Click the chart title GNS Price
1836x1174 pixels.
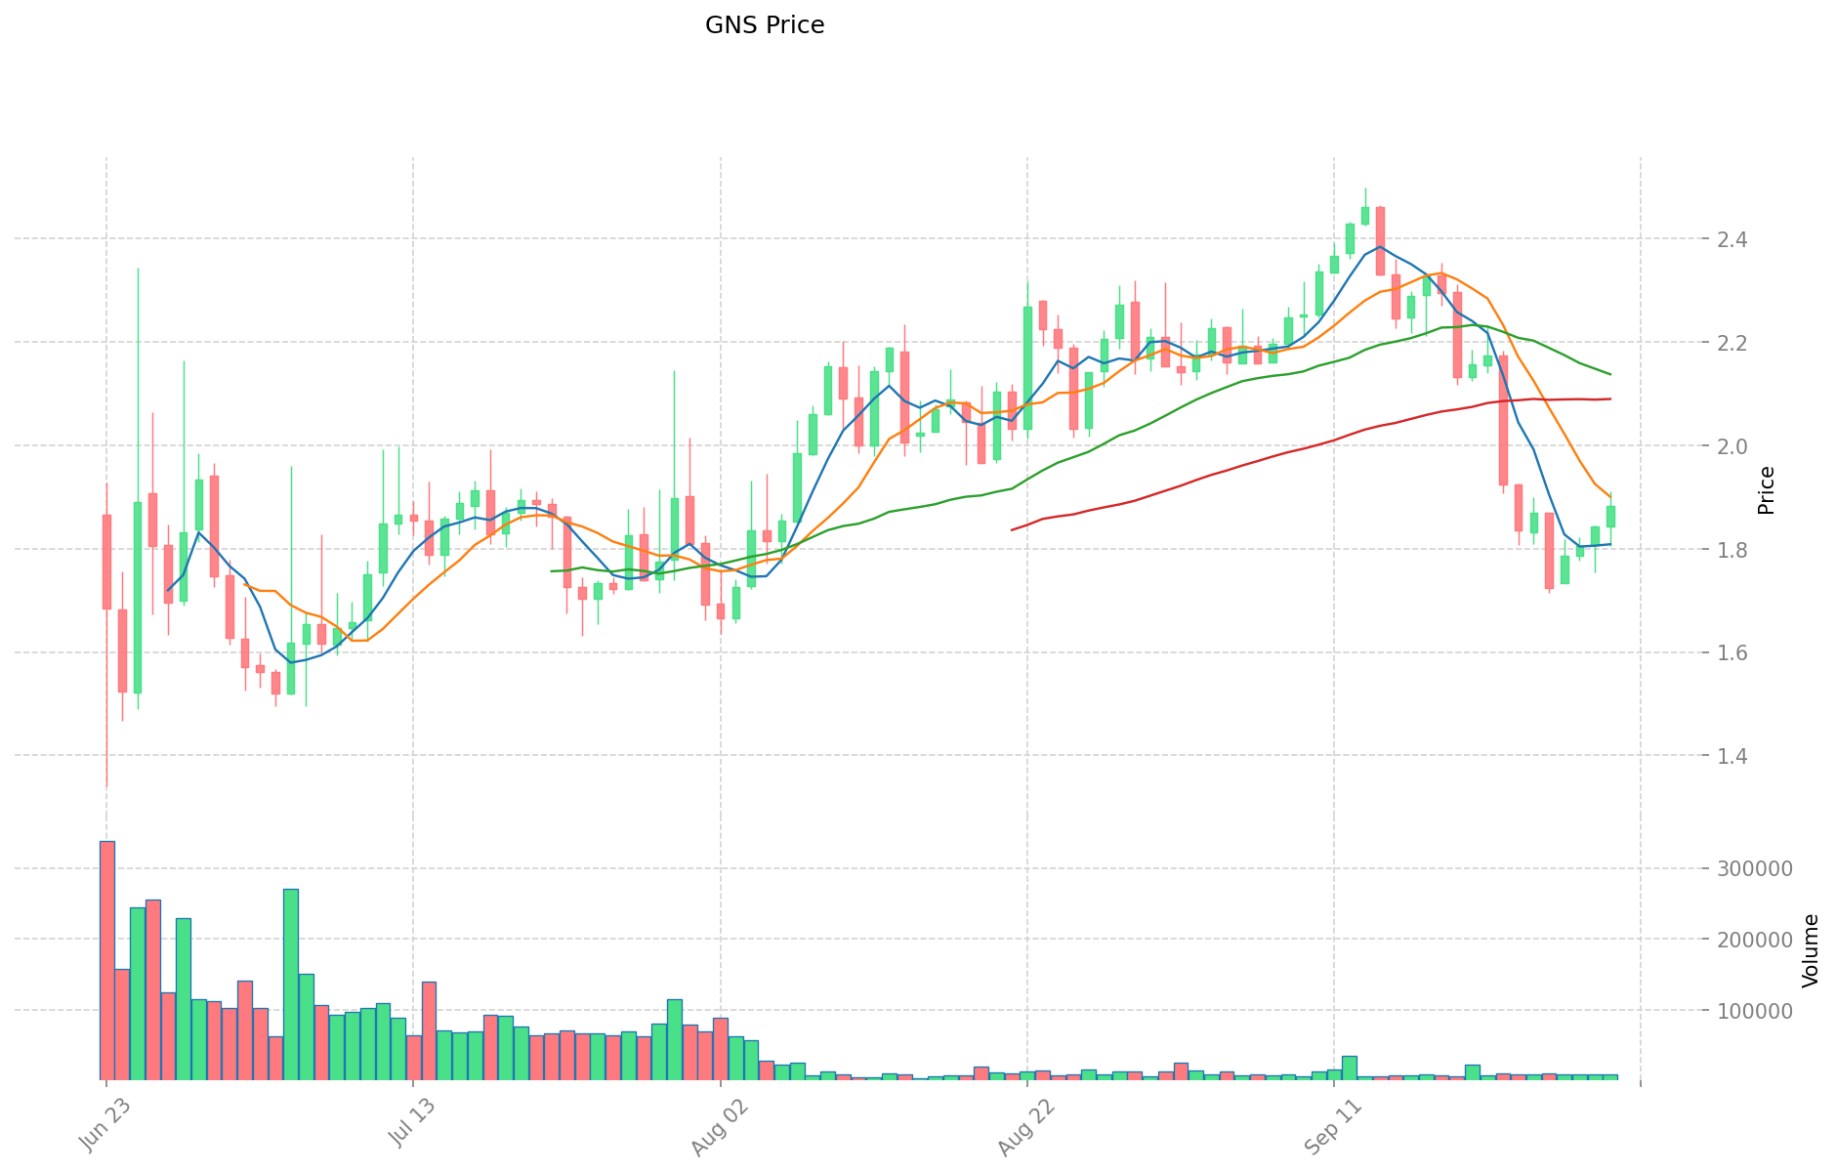pos(765,25)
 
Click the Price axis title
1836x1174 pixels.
pos(1766,490)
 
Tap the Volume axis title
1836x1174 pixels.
pos(1812,950)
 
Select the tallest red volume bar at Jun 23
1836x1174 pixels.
pos(106,960)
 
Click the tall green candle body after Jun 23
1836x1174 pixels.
pos(138,597)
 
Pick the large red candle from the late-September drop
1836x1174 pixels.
pos(1504,420)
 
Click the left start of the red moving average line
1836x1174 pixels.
pos(1013,529)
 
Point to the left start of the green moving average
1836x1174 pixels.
pos(553,571)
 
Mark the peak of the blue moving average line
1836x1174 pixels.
pos(1379,246)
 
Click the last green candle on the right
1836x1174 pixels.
pos(1610,517)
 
